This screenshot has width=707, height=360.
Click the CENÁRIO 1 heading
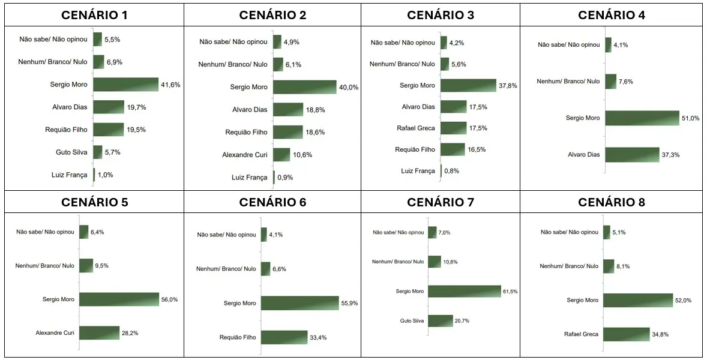pyautogui.click(x=94, y=15)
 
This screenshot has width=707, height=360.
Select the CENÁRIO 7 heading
pyautogui.click(x=440, y=202)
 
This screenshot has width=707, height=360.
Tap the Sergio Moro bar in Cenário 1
pyautogui.click(x=126, y=84)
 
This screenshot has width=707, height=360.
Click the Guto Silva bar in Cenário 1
pyautogui.click(x=98, y=152)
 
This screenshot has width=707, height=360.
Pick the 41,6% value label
pyautogui.click(x=170, y=85)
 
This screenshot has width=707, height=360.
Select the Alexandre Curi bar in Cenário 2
pyautogui.click(x=282, y=155)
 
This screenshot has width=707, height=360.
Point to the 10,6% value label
pyautogui.click(x=302, y=155)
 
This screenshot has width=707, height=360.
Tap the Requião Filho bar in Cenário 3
pyautogui.click(x=453, y=149)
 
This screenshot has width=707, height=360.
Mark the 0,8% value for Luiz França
pyautogui.click(x=452, y=171)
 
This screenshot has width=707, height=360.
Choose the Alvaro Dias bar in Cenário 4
pyautogui.click(x=632, y=155)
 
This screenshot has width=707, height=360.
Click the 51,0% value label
pyautogui.click(x=690, y=118)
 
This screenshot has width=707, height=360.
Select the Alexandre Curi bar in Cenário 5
pyautogui.click(x=99, y=333)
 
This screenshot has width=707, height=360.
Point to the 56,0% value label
pyautogui.click(x=169, y=299)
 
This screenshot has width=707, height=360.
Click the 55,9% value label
pyautogui.click(x=349, y=303)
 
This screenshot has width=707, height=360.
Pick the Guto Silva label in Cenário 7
pyautogui.click(x=412, y=321)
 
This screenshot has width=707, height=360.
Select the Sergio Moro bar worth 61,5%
pyautogui.click(x=465, y=291)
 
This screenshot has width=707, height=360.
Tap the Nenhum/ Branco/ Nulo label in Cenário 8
pyautogui.click(x=569, y=266)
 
